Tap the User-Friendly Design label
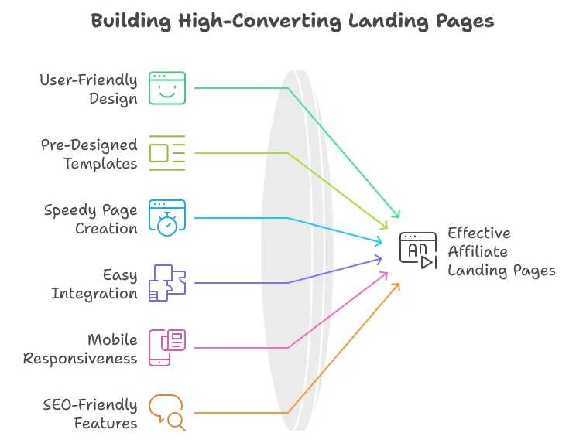[x=89, y=89]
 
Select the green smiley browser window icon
[x=167, y=88]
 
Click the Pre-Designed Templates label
[x=89, y=154]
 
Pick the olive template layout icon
[x=167, y=153]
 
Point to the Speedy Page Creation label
[x=91, y=219]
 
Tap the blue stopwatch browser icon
[x=167, y=218]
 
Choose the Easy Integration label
[x=94, y=284]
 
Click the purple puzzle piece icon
[x=167, y=283]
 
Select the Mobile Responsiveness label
[x=81, y=349]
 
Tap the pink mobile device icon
[x=167, y=348]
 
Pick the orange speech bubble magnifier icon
[x=167, y=413]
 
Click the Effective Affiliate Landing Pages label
[x=501, y=252]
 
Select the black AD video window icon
[x=418, y=250]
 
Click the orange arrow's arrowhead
[x=397, y=285]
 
